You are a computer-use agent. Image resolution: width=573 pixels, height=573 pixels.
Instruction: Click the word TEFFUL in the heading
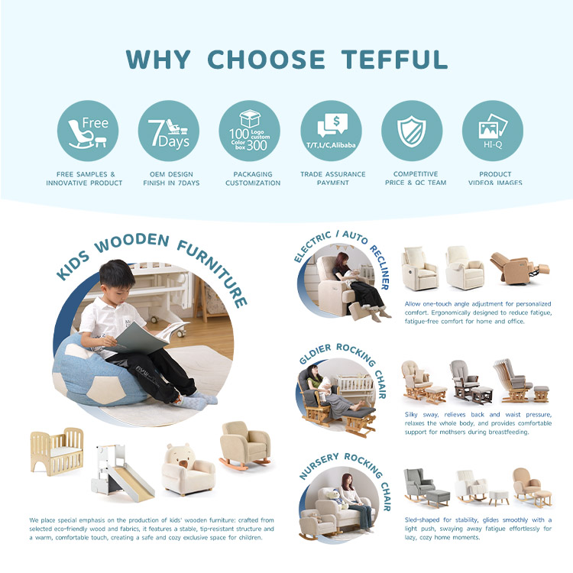point(394,60)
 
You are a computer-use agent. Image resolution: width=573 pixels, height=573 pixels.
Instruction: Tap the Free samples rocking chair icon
point(88,131)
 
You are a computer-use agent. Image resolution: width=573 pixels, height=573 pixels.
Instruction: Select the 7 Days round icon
point(169,131)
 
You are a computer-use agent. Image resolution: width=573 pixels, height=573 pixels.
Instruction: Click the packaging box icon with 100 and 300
point(250,131)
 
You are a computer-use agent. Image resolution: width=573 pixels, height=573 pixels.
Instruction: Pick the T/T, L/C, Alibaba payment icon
point(331,131)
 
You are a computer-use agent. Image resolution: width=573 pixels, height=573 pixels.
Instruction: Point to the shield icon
point(412,131)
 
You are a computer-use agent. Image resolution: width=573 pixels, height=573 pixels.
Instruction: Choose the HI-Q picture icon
point(493,131)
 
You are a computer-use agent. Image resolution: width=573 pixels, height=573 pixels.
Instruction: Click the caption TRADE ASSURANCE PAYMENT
point(333,178)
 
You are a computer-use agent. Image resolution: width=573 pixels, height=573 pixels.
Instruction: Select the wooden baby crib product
point(57,452)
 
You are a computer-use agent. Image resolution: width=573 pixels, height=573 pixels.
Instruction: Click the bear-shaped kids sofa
point(188,470)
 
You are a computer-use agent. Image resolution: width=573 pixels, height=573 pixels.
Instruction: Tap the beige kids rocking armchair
point(245,445)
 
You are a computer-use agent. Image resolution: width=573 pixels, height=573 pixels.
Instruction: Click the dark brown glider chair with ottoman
point(471,382)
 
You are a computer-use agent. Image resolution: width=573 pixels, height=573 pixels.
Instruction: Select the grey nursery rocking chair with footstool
point(427,488)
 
